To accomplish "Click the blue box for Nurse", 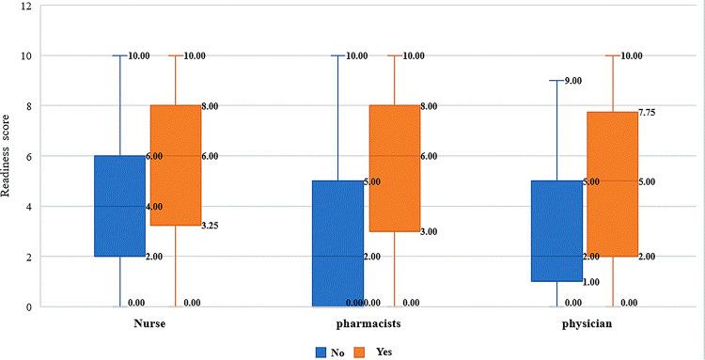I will [119, 206].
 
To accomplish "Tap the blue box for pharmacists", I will [338, 243].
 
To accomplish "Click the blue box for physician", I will [556, 231].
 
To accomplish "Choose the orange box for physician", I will [612, 184].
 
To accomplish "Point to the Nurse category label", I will [149, 325].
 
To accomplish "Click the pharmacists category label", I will [367, 325].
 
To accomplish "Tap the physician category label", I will [585, 325].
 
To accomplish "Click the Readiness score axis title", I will [8, 156].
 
